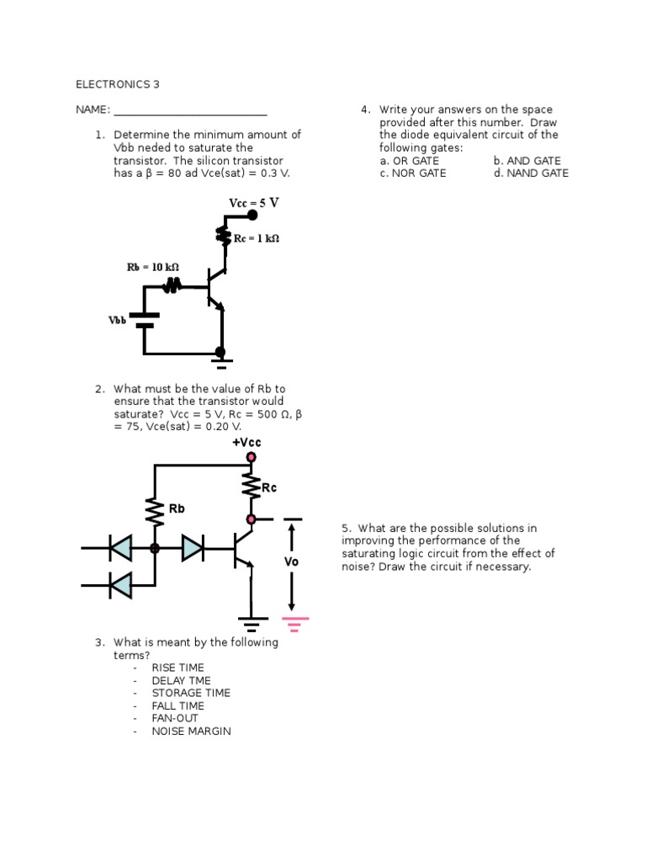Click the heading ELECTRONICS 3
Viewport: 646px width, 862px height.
pos(117,84)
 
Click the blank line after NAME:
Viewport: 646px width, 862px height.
pos(190,110)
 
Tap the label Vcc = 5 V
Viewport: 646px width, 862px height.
pos(253,203)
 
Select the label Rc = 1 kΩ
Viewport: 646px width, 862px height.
pos(256,238)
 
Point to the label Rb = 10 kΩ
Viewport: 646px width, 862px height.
pos(153,267)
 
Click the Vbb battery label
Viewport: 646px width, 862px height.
pos(117,321)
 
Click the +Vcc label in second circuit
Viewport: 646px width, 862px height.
pos(246,443)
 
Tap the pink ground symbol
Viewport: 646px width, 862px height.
pos(295,624)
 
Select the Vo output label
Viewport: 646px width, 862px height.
pos(291,561)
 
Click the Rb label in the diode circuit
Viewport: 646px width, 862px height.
pos(177,508)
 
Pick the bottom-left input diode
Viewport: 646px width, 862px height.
pos(120,583)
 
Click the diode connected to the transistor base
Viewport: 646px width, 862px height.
pos(193,548)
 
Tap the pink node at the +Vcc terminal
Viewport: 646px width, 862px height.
pos(251,457)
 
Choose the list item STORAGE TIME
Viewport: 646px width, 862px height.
pos(191,694)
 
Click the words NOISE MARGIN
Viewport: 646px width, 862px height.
pos(191,732)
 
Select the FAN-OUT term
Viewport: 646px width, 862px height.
pos(175,719)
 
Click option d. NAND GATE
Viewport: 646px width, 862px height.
pos(531,173)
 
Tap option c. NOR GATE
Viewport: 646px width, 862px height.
pos(413,173)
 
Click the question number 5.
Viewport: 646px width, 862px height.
pos(345,528)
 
